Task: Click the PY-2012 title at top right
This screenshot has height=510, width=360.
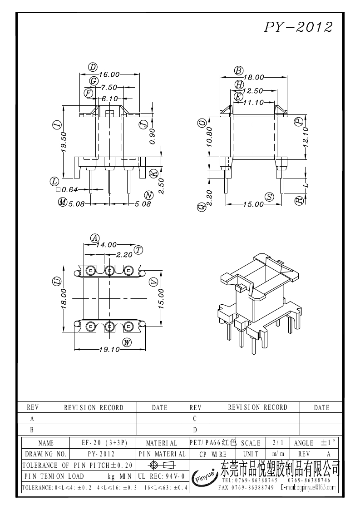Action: [298, 27]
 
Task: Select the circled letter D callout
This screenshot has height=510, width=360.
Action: [93, 67]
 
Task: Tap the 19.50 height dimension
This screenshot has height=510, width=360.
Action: [64, 141]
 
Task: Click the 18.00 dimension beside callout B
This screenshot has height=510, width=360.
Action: [253, 78]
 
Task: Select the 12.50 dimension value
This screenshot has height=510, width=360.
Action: [253, 91]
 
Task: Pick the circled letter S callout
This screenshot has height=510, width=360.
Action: [271, 197]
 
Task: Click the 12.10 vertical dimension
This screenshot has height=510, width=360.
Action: [306, 136]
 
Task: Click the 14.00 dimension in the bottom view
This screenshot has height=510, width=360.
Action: [106, 244]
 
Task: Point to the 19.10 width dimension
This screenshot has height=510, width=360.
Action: [109, 350]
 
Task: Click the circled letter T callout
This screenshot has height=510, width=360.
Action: [139, 250]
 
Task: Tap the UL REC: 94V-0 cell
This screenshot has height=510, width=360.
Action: [161, 476]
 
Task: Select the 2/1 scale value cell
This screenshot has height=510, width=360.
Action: [276, 443]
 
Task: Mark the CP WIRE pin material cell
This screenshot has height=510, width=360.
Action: [212, 454]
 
